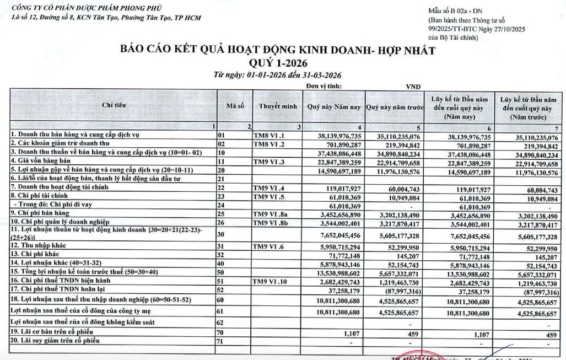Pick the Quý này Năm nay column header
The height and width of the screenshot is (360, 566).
[335, 105]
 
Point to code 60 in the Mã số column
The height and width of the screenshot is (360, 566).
[222, 300]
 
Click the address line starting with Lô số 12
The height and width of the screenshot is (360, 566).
[101, 18]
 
